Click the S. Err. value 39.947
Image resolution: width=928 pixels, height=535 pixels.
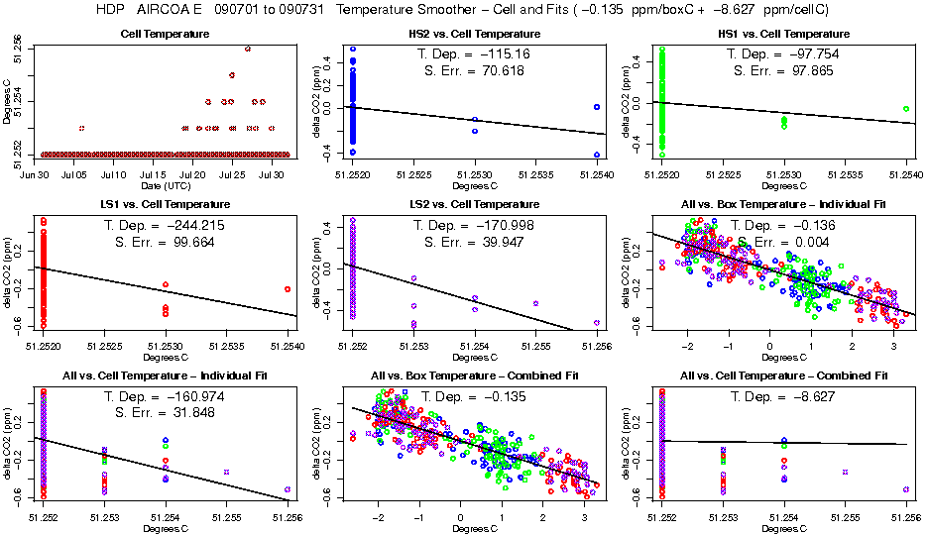tap(502, 241)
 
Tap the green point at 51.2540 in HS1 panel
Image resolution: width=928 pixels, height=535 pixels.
tap(906, 109)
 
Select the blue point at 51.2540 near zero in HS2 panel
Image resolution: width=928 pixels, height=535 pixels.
tap(597, 107)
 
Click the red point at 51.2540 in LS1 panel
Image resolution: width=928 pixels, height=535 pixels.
tap(288, 289)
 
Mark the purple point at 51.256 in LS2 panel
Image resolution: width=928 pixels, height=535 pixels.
tap(597, 322)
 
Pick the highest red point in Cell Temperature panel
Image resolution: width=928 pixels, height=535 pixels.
tap(247, 49)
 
